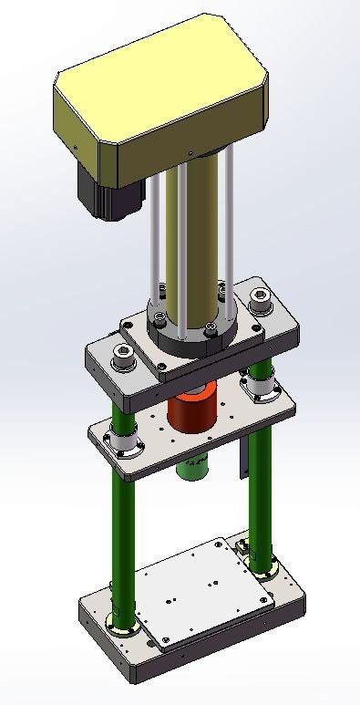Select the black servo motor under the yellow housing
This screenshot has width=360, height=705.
[x=110, y=192]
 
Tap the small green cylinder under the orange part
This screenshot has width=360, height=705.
[x=194, y=466]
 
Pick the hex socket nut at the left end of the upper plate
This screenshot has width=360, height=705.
[x=119, y=358]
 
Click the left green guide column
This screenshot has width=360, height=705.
[x=125, y=538]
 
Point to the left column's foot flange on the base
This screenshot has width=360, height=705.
[x=123, y=624]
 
